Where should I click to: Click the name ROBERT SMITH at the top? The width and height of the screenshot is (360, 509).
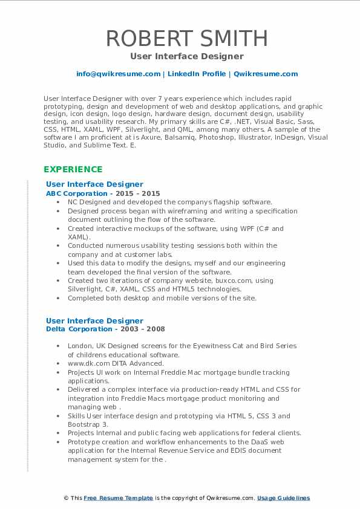(186, 38)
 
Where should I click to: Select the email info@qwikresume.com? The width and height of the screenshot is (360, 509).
(118, 74)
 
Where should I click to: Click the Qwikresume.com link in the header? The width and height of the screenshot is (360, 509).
(266, 74)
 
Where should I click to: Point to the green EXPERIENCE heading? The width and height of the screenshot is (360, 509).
(73, 169)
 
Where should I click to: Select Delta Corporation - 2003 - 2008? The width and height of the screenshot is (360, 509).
(105, 329)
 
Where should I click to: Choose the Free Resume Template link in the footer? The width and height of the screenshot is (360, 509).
(119, 498)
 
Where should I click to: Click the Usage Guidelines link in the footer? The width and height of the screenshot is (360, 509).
(283, 498)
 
